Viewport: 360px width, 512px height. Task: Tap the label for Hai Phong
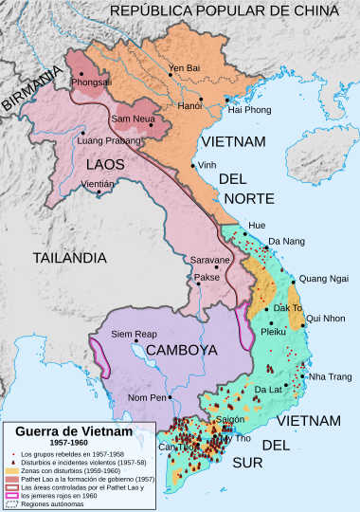coord(250,111)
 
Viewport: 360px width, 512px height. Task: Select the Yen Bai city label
coord(186,68)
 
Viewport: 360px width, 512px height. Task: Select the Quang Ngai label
coord(323,278)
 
